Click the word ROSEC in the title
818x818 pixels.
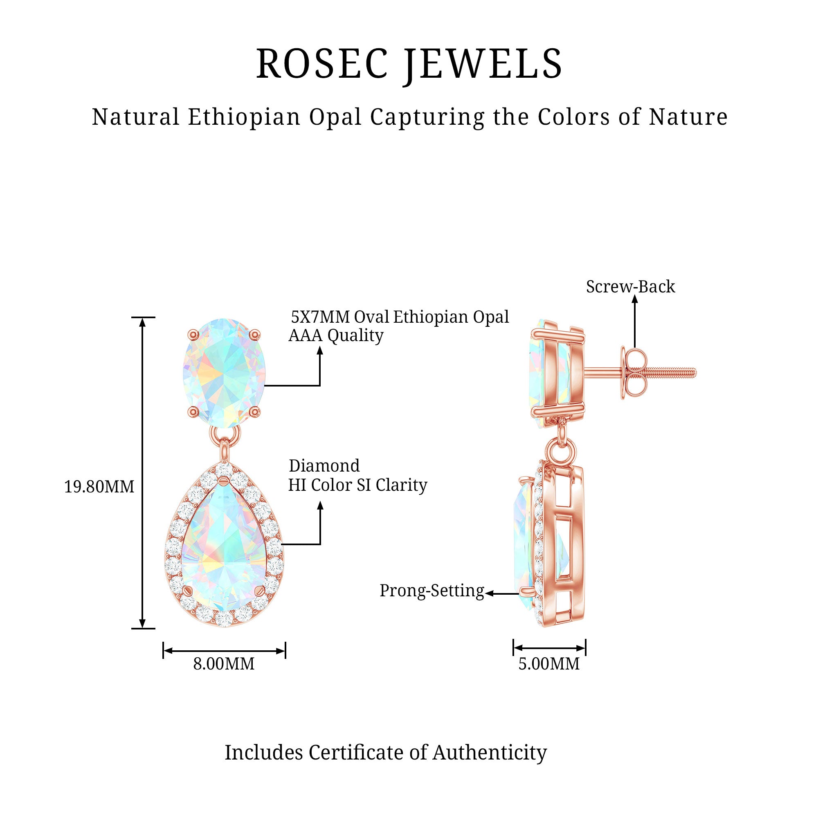[322, 64]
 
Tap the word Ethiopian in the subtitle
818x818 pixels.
[244, 117]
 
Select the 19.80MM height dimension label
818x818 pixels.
[99, 487]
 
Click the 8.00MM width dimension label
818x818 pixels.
[224, 663]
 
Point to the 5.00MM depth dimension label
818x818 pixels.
[549, 663]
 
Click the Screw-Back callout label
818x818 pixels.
[630, 287]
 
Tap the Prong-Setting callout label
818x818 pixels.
[431, 591]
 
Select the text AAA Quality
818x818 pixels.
[336, 335]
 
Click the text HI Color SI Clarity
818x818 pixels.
[358, 485]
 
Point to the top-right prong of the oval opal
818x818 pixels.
[255, 335]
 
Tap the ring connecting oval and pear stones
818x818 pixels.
[225, 434]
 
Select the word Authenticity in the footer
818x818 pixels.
[490, 753]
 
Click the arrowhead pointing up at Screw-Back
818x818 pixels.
[634, 299]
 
